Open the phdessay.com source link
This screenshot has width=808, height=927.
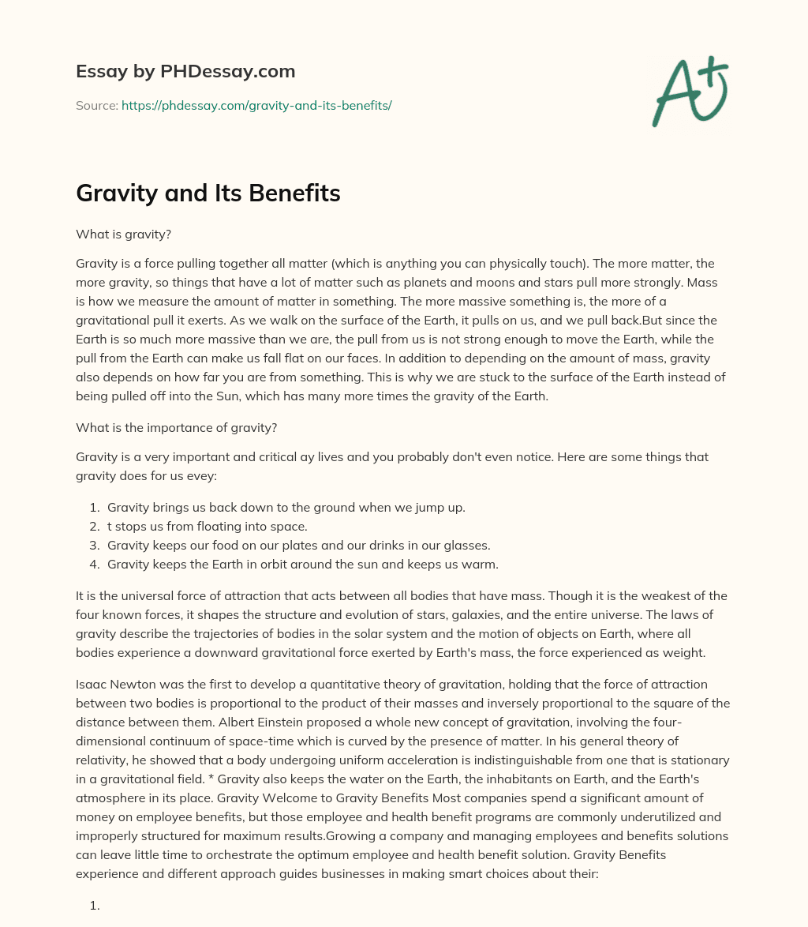coord(256,105)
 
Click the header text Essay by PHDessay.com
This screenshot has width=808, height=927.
coord(185,72)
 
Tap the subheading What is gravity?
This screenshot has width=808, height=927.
coord(117,234)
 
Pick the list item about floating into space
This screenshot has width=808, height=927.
coord(207,526)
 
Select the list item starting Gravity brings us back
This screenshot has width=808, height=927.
coord(286,507)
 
